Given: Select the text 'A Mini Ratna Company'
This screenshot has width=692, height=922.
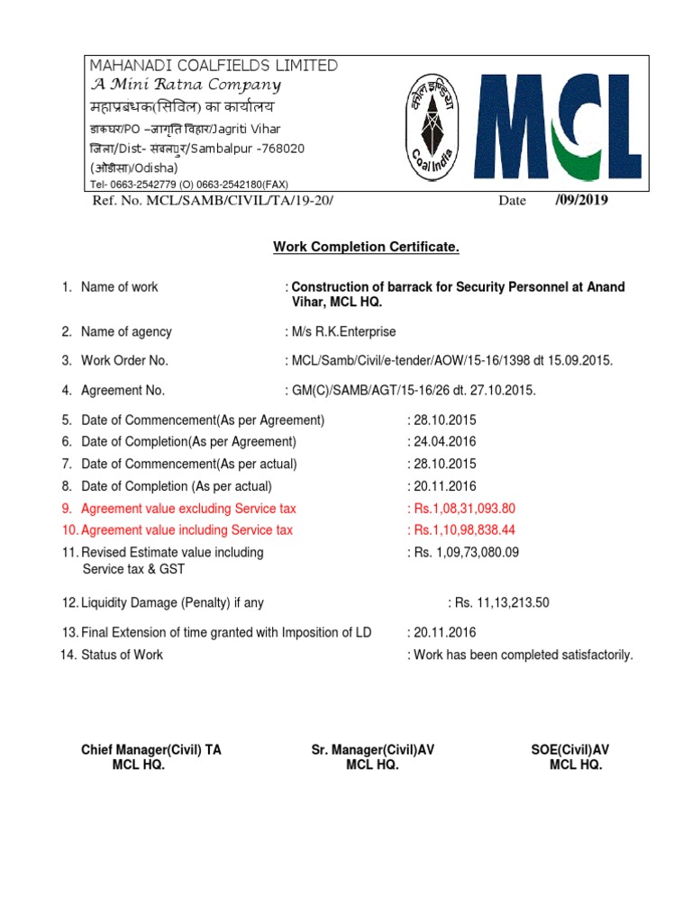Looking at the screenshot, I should [185, 86].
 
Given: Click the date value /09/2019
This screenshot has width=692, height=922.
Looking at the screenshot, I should [581, 200].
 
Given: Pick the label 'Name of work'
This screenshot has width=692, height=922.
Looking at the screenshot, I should [119, 287].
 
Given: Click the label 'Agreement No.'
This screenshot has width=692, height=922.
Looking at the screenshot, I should [123, 391].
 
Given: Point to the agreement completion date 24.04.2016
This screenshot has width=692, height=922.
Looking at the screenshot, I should [444, 442].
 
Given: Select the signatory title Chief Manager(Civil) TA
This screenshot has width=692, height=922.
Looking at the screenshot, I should [150, 750].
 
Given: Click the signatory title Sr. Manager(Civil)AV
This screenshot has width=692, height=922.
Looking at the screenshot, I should [373, 750].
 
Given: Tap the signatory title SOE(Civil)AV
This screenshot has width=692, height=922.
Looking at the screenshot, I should [570, 750].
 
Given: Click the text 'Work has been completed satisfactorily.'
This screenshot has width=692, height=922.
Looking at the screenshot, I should [523, 655].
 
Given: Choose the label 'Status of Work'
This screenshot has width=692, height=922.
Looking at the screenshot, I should [122, 655].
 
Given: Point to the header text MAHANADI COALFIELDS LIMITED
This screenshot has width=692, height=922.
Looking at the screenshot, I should [213, 66].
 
